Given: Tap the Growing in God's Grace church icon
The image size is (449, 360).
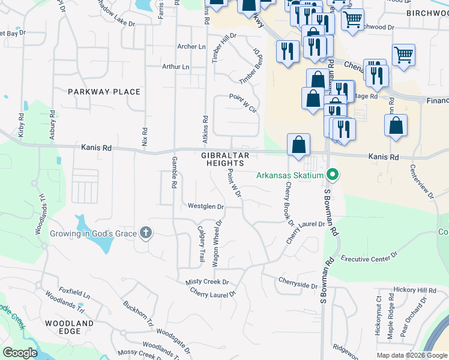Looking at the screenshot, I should (x=145, y=233).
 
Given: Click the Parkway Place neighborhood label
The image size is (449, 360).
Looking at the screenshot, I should (x=104, y=92).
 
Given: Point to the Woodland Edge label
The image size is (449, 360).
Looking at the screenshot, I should (x=70, y=328).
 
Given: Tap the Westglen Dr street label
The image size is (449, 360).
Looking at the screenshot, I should (x=206, y=206).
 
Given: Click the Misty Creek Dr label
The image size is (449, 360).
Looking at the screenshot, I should (x=207, y=281).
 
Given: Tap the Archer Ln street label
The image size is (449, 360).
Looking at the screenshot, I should (x=191, y=47).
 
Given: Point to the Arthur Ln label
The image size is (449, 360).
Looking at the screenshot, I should (x=175, y=67).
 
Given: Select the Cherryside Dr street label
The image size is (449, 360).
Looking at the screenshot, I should (x=298, y=283).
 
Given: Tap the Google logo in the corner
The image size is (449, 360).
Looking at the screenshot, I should (x=20, y=353).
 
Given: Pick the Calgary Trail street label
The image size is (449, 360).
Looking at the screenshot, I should (x=201, y=244).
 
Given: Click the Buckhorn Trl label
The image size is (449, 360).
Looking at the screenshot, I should (x=138, y=313).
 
